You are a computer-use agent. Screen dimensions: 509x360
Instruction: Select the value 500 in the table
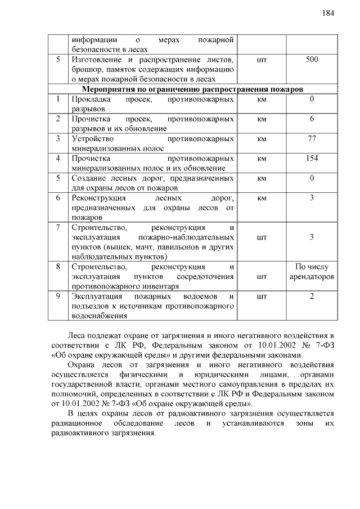point(312,59)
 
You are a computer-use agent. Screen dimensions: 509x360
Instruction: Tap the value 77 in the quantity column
point(312,138)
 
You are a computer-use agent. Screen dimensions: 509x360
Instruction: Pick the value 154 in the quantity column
point(312,159)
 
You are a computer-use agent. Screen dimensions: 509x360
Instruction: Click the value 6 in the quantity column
point(312,119)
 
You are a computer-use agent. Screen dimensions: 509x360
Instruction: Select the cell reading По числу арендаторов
point(312,272)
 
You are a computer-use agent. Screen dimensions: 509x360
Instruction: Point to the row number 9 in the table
point(58,296)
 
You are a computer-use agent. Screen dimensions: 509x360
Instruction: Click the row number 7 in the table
point(58,228)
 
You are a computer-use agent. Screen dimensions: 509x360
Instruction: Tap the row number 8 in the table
point(58,267)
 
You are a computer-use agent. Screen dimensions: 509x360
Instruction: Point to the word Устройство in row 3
point(93,139)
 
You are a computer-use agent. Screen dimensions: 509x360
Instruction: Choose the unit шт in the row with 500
point(261,59)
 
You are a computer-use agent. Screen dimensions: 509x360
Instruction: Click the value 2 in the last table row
point(312,296)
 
